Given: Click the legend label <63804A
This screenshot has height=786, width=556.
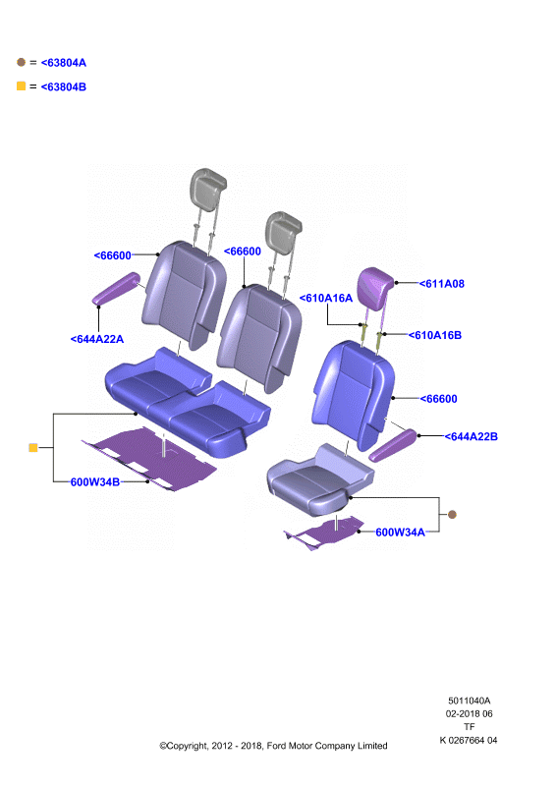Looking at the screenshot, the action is click(x=64, y=63).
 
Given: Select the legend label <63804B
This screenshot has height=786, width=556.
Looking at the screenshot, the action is click(x=64, y=86).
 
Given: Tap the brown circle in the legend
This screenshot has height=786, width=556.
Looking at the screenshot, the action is click(x=21, y=62).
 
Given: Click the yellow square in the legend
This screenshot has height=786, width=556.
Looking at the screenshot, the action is click(x=21, y=85).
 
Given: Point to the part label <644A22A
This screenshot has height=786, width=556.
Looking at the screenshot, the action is click(x=97, y=339).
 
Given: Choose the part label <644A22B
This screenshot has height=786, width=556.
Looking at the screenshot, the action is click(x=472, y=436).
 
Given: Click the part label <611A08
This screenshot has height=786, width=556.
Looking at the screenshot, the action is click(x=442, y=284).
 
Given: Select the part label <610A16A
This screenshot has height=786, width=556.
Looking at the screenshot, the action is click(x=326, y=299).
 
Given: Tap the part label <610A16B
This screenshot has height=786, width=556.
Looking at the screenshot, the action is click(x=434, y=335).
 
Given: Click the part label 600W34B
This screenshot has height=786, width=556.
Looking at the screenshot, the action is click(x=95, y=482).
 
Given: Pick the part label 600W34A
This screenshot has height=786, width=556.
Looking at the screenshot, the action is click(x=400, y=533).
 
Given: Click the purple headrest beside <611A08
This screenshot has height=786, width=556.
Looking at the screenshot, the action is click(x=375, y=287).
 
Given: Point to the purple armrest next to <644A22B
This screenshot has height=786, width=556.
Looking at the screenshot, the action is click(x=393, y=445).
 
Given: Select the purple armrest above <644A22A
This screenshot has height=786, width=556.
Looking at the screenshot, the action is click(x=116, y=288).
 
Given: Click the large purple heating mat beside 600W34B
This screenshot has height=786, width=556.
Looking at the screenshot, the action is click(x=150, y=459).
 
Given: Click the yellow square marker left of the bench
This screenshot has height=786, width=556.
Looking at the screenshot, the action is click(x=33, y=447).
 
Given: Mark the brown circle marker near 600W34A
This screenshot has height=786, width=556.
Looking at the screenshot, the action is click(x=452, y=514).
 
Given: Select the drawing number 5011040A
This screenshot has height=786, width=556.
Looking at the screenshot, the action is click(x=470, y=701).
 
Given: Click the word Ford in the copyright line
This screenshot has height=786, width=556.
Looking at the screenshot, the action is click(x=277, y=746).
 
